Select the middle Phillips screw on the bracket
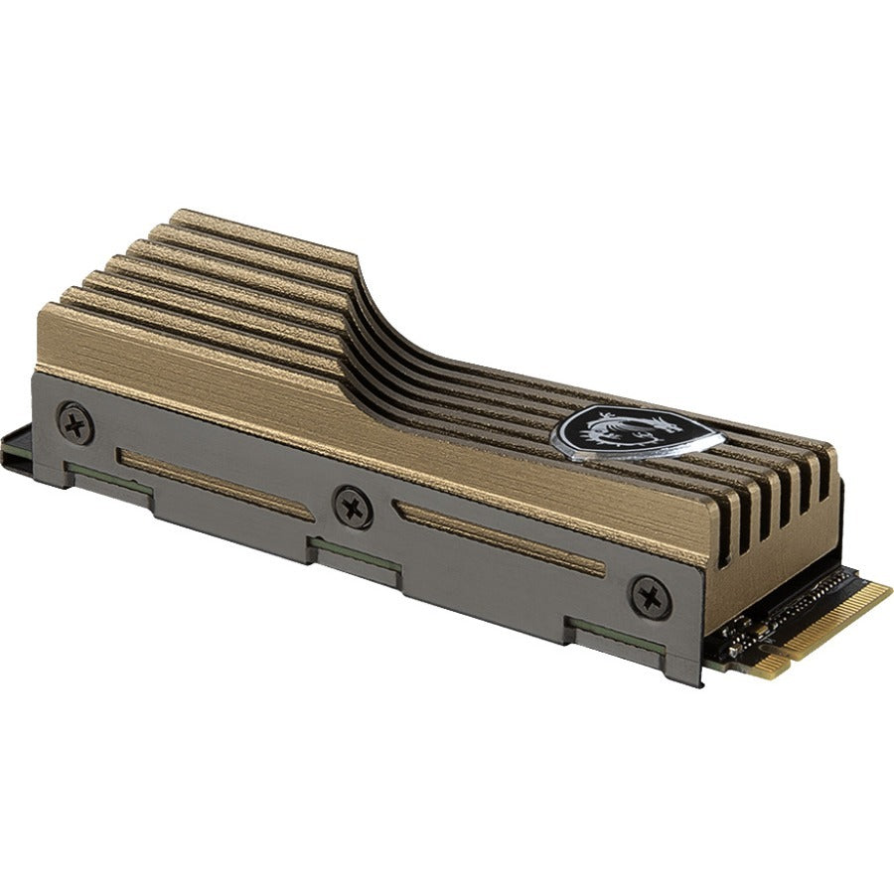pos(353,507)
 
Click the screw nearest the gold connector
pos(651,597)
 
